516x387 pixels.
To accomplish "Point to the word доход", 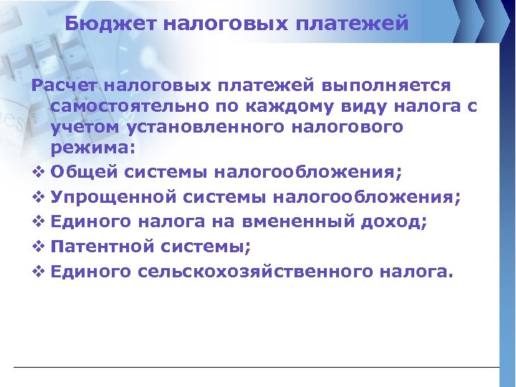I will pos(388,222).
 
